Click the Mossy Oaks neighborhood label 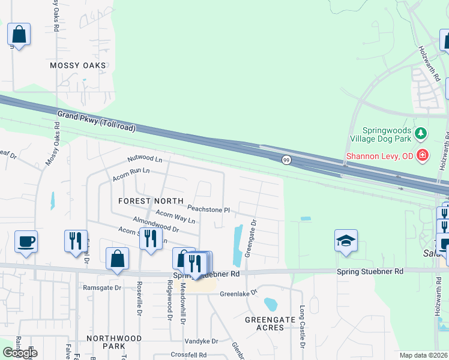pyautogui.click(x=78, y=65)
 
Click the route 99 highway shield pyautogui.click(x=287, y=159)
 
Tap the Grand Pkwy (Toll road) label pyautogui.click(x=97, y=121)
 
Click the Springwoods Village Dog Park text pyautogui.click(x=387, y=134)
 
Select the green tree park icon pyautogui.click(x=421, y=133)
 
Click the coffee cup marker pyautogui.click(x=26, y=242)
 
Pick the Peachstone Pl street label pyautogui.click(x=208, y=209)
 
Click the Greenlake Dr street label pyautogui.click(x=238, y=294)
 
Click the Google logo pyautogui.click(x=20, y=353)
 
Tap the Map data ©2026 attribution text pyautogui.click(x=424, y=355)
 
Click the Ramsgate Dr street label pyautogui.click(x=102, y=287)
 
